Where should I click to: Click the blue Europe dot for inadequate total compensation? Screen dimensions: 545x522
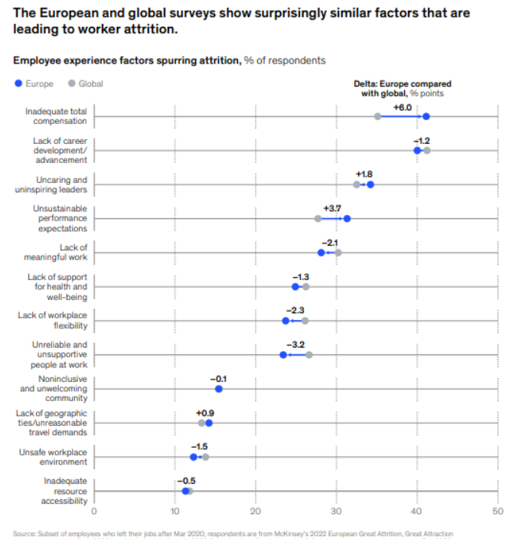pyautogui.click(x=426, y=116)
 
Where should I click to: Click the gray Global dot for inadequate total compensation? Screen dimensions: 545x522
pyautogui.click(x=377, y=116)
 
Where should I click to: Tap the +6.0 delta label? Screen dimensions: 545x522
pyautogui.click(x=403, y=107)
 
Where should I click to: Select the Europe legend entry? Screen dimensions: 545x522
pyautogui.click(x=34, y=83)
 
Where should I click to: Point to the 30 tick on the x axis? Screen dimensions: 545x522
pyautogui.click(x=336, y=511)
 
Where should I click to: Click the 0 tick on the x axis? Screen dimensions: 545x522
pyautogui.click(x=94, y=511)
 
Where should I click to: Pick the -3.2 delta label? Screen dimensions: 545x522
pyautogui.click(x=295, y=345)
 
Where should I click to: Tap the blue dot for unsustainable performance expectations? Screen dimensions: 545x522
pyautogui.click(x=347, y=219)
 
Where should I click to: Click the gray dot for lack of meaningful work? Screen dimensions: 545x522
pyautogui.click(x=338, y=253)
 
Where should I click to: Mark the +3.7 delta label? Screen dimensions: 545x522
pyautogui.click(x=332, y=209)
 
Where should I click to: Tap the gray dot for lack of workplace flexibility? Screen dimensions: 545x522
pyautogui.click(x=305, y=321)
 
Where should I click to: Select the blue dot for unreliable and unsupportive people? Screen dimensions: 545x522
pyautogui.click(x=283, y=355)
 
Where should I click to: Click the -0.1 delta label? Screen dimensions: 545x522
pyautogui.click(x=219, y=379)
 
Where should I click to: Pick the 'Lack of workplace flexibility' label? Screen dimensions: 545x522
pyautogui.click(x=53, y=320)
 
